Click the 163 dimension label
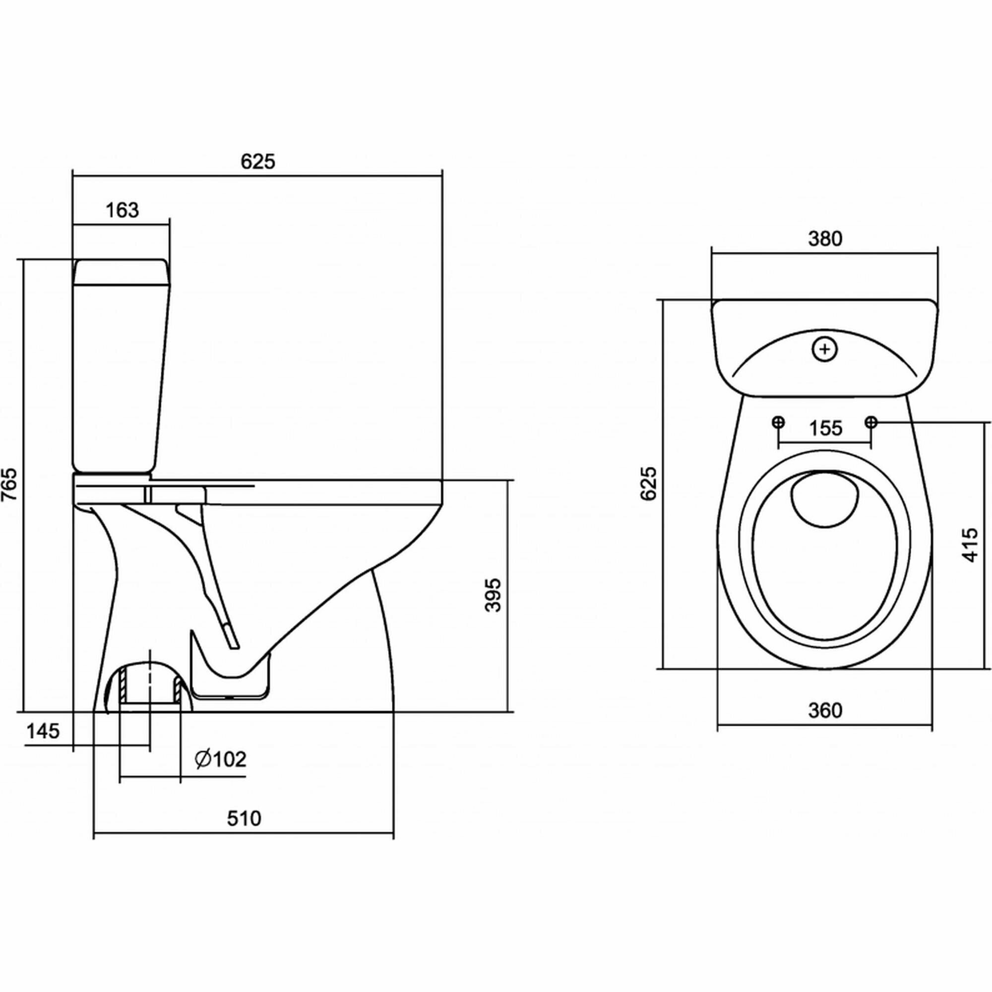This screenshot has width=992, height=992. tap(123, 210)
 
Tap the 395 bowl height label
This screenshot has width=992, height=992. tap(493, 595)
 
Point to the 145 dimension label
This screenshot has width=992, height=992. tap(43, 730)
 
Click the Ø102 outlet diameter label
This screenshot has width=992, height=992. tap(221, 759)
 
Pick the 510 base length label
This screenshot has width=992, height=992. tap(244, 818)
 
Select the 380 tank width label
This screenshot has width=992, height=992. tap(825, 239)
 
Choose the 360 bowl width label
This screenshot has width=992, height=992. tap(825, 710)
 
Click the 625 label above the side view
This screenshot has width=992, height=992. tap(258, 162)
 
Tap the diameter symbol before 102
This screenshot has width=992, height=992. tap(203, 759)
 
